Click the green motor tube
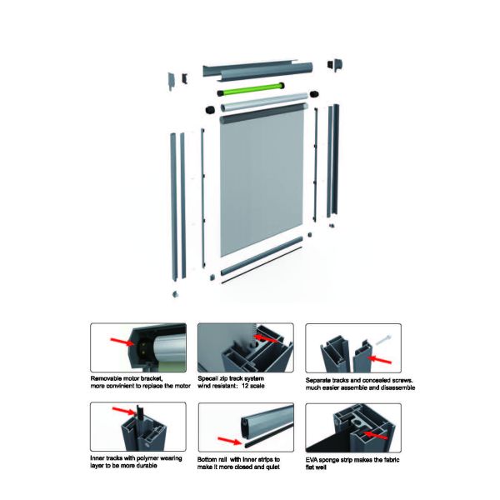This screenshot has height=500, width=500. [x=250, y=87]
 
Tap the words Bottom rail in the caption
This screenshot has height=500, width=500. [x=213, y=459]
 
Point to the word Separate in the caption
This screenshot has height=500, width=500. [x=321, y=380]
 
